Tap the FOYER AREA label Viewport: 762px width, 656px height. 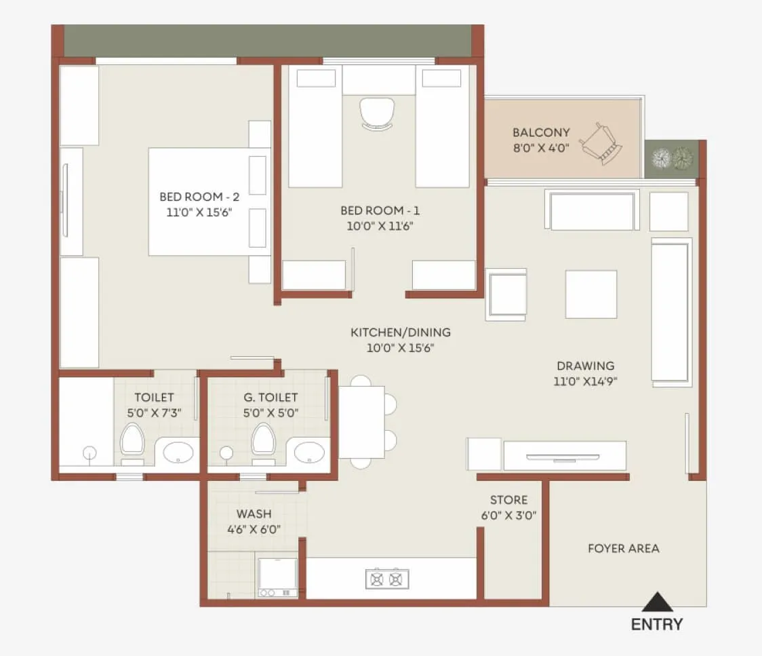pyautogui.click(x=623, y=548)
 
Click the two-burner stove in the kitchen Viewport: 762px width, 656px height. pyautogui.click(x=387, y=579)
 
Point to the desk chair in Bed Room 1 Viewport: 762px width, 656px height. pyautogui.click(x=376, y=113)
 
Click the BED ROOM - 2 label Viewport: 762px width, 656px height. pyautogui.click(x=199, y=197)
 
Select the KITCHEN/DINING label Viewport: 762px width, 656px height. pyautogui.click(x=400, y=332)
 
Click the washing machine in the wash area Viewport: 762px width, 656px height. pyautogui.click(x=277, y=577)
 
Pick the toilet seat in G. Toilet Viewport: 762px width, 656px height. pyautogui.click(x=264, y=440)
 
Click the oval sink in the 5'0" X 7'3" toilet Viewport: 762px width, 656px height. pyautogui.click(x=177, y=451)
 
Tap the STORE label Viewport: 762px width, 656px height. pyautogui.click(x=508, y=500)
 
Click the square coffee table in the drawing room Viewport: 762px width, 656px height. pyautogui.click(x=590, y=294)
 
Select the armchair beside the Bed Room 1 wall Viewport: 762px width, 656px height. pyautogui.click(x=506, y=294)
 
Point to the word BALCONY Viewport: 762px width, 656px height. pyautogui.click(x=541, y=132)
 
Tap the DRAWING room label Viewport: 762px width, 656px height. pyautogui.click(x=584, y=366)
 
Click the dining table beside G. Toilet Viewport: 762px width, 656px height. pyautogui.click(x=361, y=422)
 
